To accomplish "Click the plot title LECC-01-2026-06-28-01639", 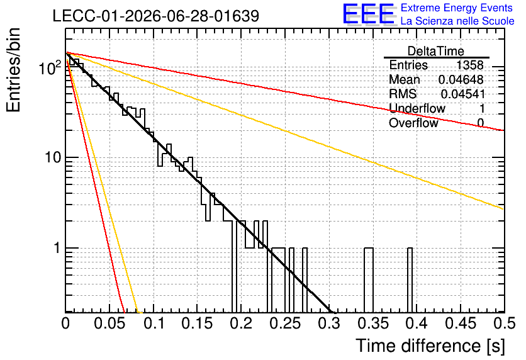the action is (156, 16).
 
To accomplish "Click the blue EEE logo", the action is (369, 14).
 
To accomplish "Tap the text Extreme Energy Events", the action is (457, 8).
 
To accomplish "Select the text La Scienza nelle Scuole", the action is (457, 21).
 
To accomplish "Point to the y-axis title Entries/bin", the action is (13, 70).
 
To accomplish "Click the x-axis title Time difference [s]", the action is (430, 346).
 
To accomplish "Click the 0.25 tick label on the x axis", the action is (286, 323).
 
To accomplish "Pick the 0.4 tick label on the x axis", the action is (417, 323).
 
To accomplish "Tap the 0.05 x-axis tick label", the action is (109, 323).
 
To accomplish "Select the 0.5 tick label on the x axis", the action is (504, 323).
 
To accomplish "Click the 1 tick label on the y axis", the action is (57, 248).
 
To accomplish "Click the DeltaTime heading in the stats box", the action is (436, 51).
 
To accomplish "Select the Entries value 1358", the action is (469, 65).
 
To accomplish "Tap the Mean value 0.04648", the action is (461, 79).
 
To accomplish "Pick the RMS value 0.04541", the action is (462, 94).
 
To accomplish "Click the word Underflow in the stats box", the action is (417, 108).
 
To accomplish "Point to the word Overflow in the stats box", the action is (413, 123).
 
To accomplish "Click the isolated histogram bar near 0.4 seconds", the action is (410, 280).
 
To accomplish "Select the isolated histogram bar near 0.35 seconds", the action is (369, 280).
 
